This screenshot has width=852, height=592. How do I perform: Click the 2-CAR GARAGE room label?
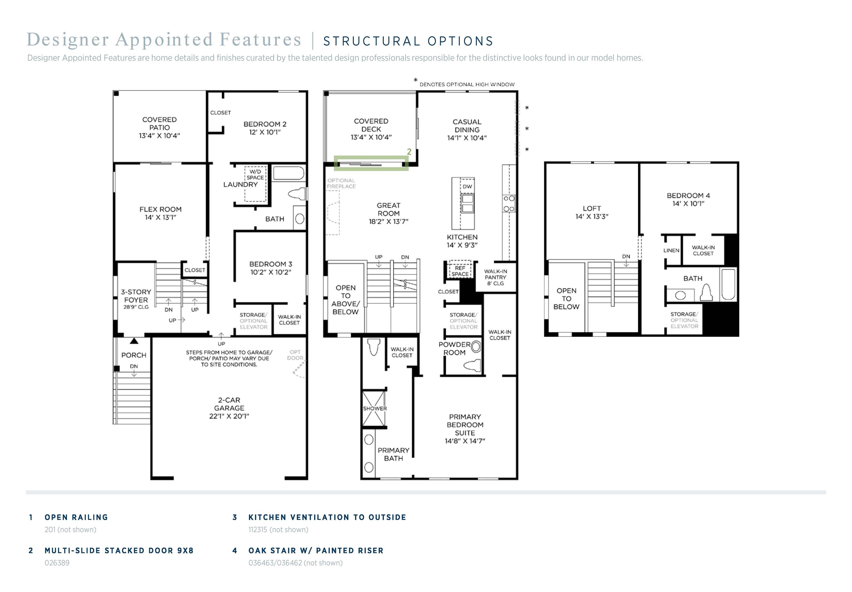pyautogui.click(x=229, y=408)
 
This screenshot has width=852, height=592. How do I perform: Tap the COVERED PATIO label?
pyautogui.click(x=159, y=127)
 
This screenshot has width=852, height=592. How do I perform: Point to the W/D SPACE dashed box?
pyautogui.click(x=255, y=184)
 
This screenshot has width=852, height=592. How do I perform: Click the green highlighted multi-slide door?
pyautogui.click(x=371, y=163)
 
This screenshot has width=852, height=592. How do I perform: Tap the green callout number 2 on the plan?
pyautogui.click(x=409, y=152)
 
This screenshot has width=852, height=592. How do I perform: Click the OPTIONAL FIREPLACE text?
pyautogui.click(x=341, y=183)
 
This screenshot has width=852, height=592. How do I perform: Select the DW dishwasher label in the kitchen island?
pyautogui.click(x=467, y=187)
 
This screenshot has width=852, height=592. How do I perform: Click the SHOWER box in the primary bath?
pyautogui.click(x=374, y=409)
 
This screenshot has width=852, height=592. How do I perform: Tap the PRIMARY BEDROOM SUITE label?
pyautogui.click(x=465, y=429)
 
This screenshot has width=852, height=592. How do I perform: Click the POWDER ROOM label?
pyautogui.click(x=455, y=349)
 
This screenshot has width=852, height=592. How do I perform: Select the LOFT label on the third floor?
pyautogui.click(x=592, y=213)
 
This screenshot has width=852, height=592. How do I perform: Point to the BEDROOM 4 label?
pyautogui.click(x=688, y=200)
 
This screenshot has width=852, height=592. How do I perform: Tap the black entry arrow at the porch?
pyautogui.click(x=134, y=341)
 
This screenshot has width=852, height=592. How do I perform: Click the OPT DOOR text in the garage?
pyautogui.click(x=295, y=355)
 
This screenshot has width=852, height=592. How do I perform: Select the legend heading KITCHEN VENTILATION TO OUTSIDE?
pyautogui.click(x=327, y=517)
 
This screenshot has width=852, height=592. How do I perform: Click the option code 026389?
pyautogui.click(x=57, y=563)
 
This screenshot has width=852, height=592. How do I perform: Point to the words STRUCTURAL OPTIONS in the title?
pyautogui.click(x=408, y=41)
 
